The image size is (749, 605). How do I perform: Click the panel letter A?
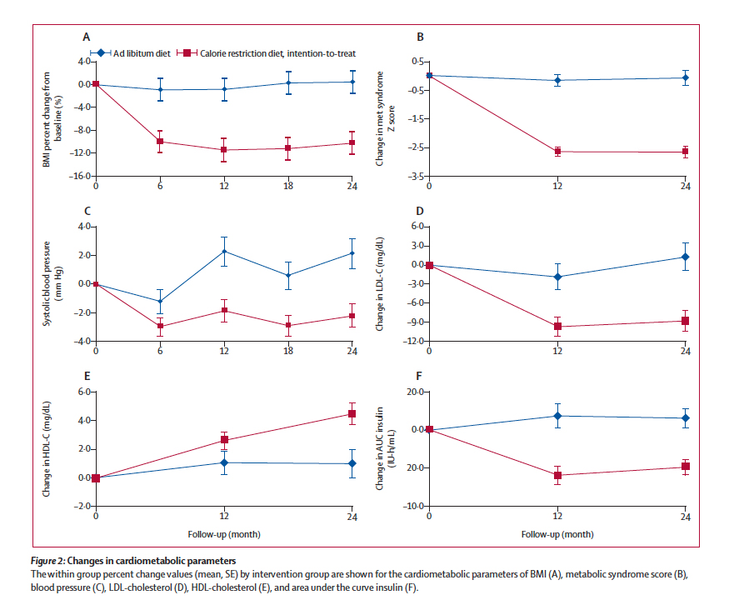[x=86, y=37]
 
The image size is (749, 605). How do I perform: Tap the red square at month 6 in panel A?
[x=160, y=142]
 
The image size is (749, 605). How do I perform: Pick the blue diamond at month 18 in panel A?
[x=288, y=82]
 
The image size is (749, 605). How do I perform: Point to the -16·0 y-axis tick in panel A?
[x=78, y=176]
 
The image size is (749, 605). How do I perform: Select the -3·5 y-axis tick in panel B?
[x=412, y=176]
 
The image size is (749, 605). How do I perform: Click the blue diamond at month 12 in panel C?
[x=224, y=252]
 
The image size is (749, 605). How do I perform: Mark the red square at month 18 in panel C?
[x=288, y=325]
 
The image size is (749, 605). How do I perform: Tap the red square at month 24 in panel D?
[x=685, y=321]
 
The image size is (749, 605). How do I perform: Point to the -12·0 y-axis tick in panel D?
[x=412, y=341]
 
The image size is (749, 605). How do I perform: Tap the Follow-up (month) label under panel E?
[x=224, y=534]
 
